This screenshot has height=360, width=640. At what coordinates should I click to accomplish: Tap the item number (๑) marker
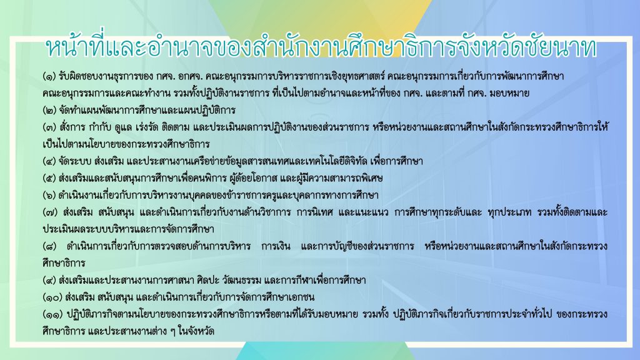[49, 76]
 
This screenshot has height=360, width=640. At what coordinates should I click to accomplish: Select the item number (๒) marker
[49, 110]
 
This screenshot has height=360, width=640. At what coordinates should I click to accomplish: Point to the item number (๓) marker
[49, 127]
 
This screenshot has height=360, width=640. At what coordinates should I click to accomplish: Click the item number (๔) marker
[49, 161]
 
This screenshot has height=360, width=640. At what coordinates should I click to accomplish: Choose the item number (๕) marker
[49, 178]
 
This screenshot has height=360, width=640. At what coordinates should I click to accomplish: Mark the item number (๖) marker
[49, 196]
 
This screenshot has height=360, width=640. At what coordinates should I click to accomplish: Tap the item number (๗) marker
[49, 212]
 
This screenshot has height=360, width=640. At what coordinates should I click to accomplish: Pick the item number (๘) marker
[49, 246]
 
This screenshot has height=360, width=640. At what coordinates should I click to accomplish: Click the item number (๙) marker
[49, 281]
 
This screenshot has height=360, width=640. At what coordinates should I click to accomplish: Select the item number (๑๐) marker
[52, 297]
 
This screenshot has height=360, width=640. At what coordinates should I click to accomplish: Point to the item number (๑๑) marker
[52, 314]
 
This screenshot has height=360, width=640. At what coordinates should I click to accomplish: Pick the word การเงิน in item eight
[276, 246]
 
